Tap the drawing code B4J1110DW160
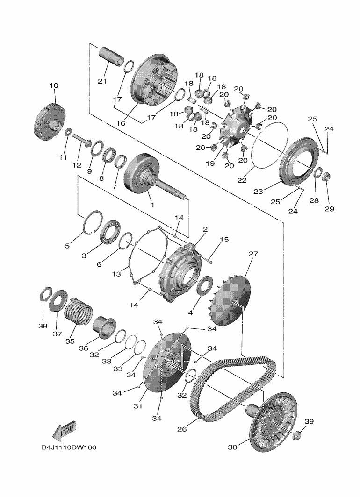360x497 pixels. coord(69,448)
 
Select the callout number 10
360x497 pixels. coord(54,85)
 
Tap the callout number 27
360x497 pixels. coord(253,254)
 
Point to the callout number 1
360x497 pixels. coord(151,205)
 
